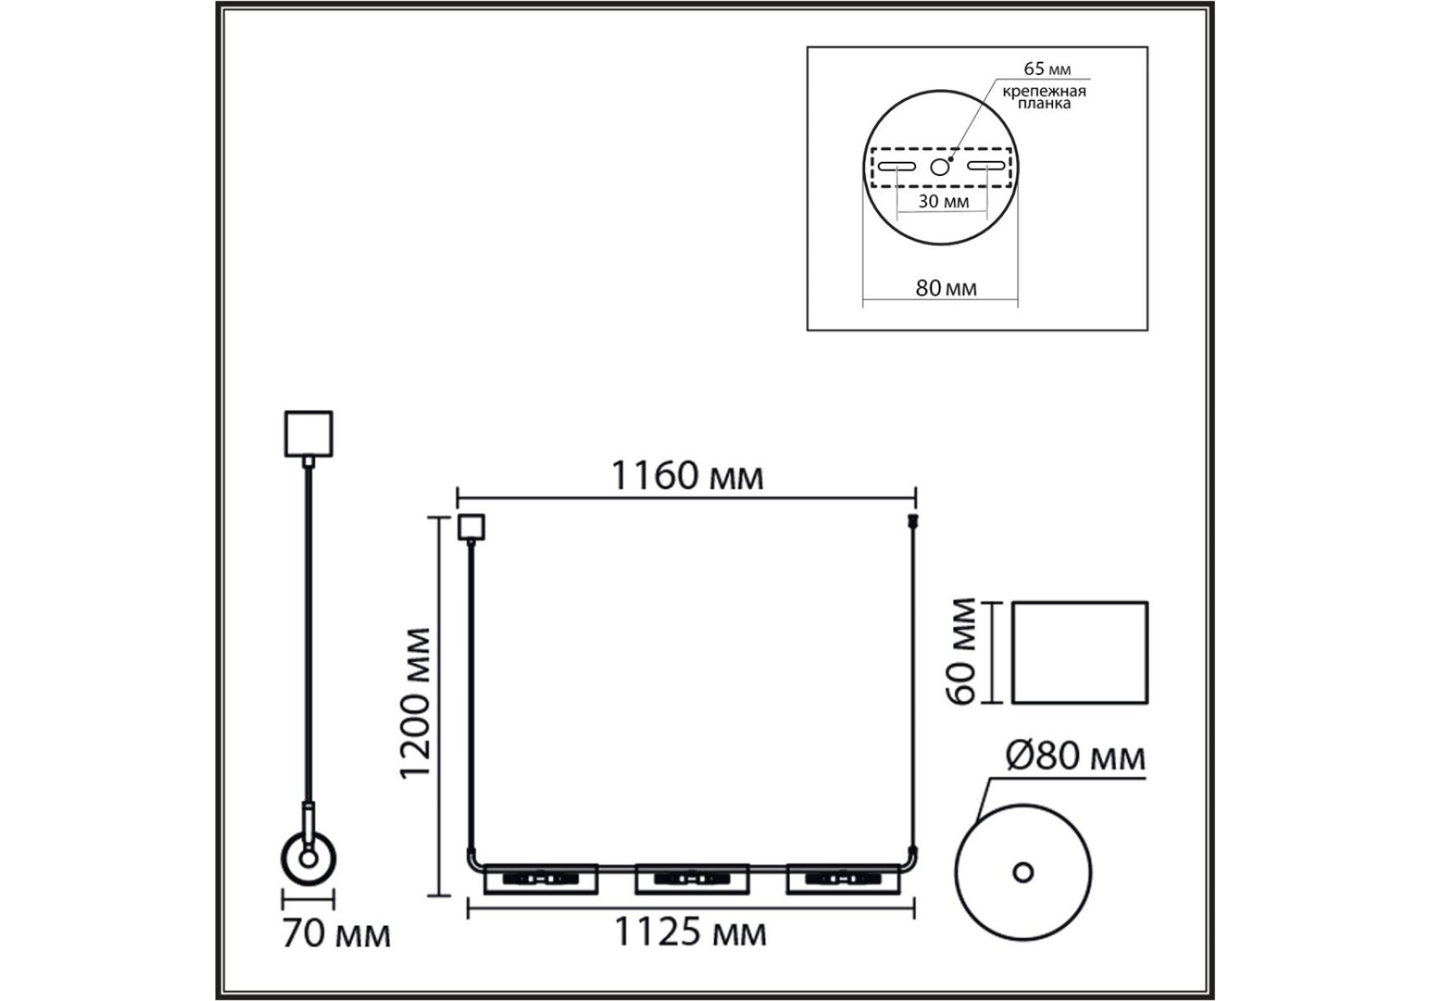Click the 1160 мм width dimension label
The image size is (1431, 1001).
(x=688, y=477)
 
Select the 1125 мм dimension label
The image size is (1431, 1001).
(x=690, y=932)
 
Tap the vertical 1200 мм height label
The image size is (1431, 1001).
(x=416, y=703)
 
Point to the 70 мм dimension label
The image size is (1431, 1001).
(x=336, y=933)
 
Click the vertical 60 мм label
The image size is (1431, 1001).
(x=963, y=651)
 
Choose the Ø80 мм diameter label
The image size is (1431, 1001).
(x=1076, y=757)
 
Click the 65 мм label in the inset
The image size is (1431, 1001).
(x=1047, y=69)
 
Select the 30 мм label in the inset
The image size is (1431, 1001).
(x=944, y=201)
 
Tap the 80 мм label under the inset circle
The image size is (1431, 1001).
(x=946, y=288)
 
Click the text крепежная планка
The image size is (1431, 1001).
(x=1044, y=98)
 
